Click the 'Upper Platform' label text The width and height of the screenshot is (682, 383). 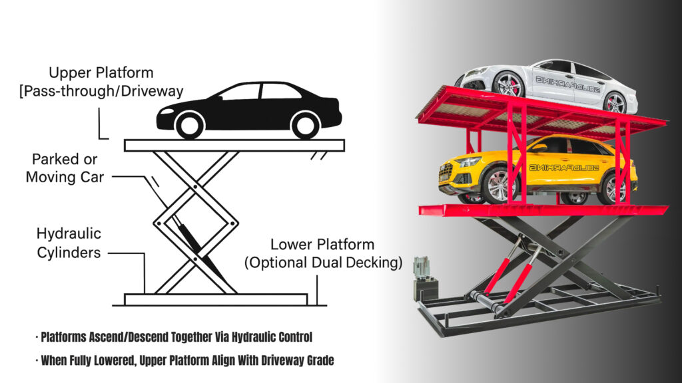tap(101, 72)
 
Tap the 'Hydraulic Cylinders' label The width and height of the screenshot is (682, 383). tap(69, 243)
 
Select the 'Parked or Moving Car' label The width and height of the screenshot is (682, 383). tap(65, 169)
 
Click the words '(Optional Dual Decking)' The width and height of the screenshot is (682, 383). tap(323, 263)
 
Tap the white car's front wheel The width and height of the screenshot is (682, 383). tap(509, 84)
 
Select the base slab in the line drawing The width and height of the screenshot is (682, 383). tap(216, 299)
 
